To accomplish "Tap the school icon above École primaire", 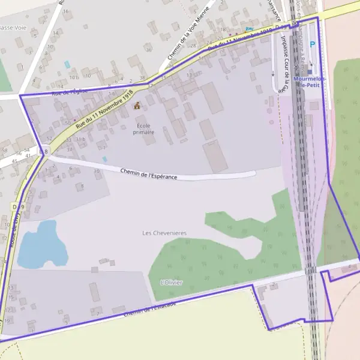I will [137, 106].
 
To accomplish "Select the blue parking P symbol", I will [312, 43].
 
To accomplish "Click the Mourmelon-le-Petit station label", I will [307, 82].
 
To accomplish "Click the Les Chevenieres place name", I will [164, 233].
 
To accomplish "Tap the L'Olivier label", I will [172, 282].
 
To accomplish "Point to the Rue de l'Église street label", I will [70, 92].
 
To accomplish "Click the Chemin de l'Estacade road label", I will [150, 310].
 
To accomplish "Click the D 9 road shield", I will [18, 207].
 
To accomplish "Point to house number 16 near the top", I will [65, 11].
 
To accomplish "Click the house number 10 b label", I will [74, 77].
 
